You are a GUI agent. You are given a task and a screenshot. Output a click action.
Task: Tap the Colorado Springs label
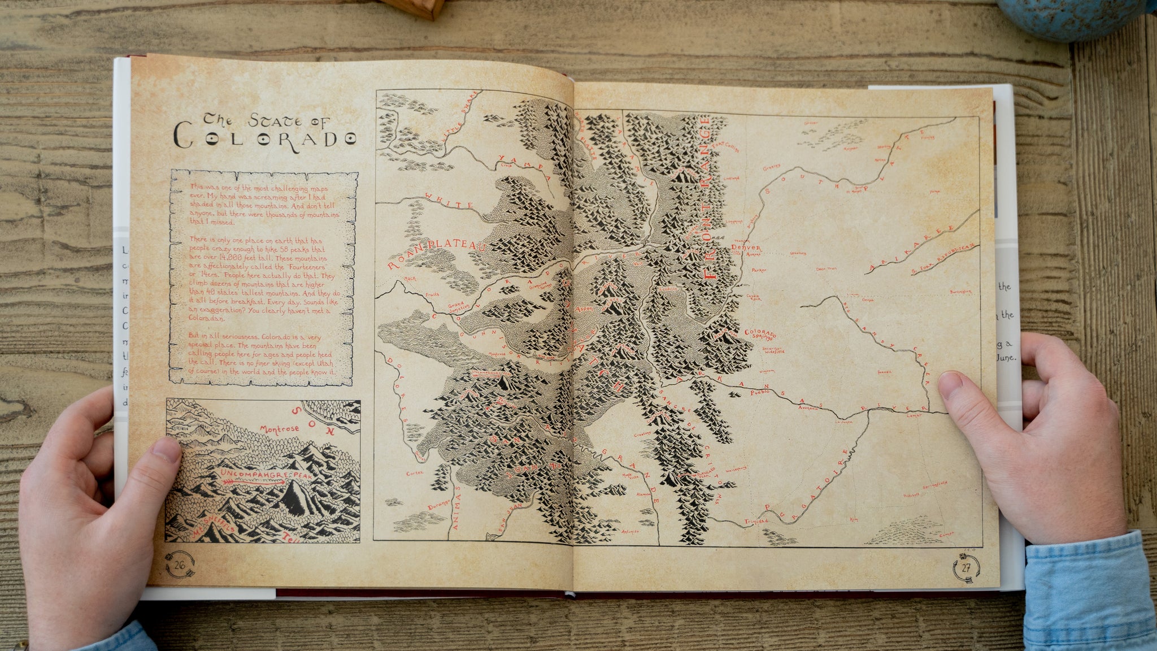tap(760, 335)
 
